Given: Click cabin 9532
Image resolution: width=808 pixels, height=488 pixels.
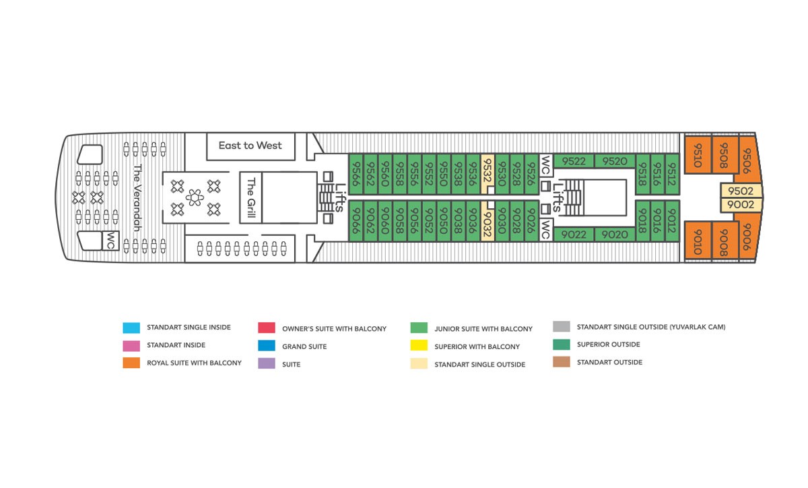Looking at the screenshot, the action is [487, 174].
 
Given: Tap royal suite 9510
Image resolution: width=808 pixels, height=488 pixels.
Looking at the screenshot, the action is [698, 155].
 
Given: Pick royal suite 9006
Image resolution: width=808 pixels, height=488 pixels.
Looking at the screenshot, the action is [747, 237].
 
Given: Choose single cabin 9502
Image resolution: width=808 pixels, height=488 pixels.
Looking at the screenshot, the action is [741, 191].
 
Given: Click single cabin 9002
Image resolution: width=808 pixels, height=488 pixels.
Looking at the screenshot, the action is [741, 205].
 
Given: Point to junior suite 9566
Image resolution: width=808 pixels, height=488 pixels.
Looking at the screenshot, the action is [356, 174].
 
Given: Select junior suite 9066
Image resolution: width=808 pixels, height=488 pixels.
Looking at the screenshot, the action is [356, 221].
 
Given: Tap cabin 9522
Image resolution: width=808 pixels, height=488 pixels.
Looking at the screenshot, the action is [574, 161].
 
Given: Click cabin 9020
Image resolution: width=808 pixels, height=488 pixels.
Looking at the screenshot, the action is [615, 235].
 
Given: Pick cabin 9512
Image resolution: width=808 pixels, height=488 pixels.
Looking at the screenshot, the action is [672, 174].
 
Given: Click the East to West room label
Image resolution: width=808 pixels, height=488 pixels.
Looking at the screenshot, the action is [250, 146].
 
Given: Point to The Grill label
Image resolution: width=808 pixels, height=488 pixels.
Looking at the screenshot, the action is [251, 197].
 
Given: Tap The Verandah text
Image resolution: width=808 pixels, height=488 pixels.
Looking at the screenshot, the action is [137, 197].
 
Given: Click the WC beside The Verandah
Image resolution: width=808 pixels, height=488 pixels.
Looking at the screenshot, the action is [110, 241].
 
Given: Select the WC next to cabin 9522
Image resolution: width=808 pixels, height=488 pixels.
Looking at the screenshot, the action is [546, 165].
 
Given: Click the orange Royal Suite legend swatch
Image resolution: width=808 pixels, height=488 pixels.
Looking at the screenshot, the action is [131, 363].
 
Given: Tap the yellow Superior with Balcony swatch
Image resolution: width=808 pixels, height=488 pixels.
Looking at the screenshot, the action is [419, 345].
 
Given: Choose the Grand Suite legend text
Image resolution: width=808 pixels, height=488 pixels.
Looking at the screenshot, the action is [304, 346].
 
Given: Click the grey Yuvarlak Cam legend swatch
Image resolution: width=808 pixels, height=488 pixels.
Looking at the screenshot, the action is [562, 326].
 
